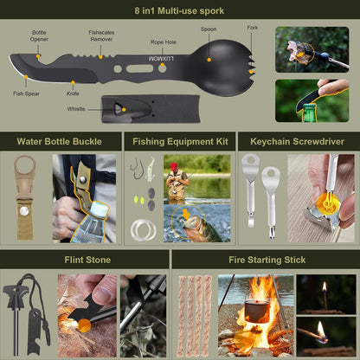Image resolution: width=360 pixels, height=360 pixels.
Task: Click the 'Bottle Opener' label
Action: [41, 35]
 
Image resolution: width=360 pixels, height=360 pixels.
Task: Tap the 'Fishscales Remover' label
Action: [101, 35]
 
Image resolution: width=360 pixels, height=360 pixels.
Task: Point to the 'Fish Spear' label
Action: [26, 93]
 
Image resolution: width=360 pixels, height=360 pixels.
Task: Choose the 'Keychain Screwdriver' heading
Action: [296, 140]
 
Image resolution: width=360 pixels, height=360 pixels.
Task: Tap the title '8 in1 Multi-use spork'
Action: [179, 11]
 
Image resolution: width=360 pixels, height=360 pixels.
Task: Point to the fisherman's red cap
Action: [173, 164]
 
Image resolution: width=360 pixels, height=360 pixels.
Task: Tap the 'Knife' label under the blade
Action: [72, 93]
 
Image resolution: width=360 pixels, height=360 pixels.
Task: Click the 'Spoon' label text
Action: [209, 29]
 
